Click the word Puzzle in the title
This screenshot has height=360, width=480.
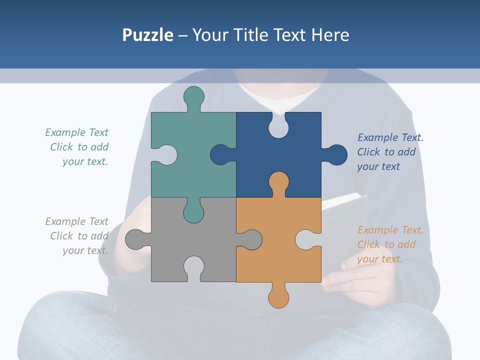(x=147, y=35)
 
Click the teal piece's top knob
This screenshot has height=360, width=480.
(x=193, y=96)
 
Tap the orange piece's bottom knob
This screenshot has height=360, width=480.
(x=278, y=296)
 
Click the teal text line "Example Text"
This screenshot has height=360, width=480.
(x=76, y=132)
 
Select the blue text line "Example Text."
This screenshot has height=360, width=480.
(x=390, y=137)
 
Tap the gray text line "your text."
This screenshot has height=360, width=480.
(x=85, y=250)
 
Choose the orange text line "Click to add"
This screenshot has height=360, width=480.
(x=386, y=244)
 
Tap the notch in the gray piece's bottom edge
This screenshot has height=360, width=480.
(x=193, y=266)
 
